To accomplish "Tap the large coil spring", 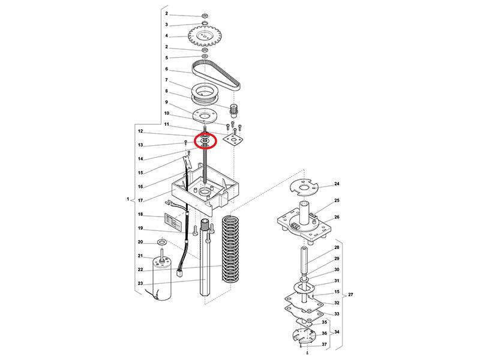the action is [230, 248].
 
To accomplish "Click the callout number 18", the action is [140, 214].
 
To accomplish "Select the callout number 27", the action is [350, 295].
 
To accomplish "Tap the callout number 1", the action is [128, 199].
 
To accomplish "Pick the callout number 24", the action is [337, 184].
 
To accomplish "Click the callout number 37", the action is [325, 344].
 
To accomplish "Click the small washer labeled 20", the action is [161, 242].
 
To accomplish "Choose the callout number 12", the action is [140, 131].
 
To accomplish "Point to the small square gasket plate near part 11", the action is [234, 140].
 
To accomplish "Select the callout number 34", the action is [337, 332].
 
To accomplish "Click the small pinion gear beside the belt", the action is [234, 109].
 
